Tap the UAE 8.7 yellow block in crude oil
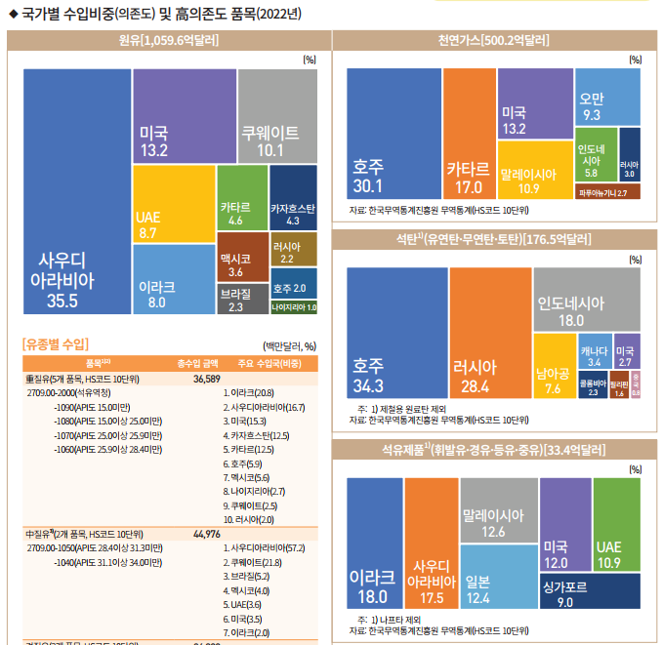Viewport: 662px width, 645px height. tap(173, 204)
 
